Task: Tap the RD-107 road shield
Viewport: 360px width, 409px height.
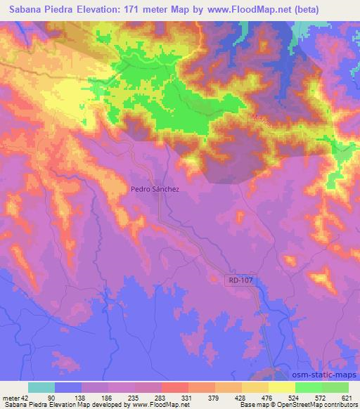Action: click(x=240, y=279)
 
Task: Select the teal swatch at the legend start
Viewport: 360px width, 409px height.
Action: click(x=41, y=387)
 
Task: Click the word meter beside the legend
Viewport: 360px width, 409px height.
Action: click(x=10, y=397)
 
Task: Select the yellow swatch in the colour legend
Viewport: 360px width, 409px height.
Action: click(x=281, y=387)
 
